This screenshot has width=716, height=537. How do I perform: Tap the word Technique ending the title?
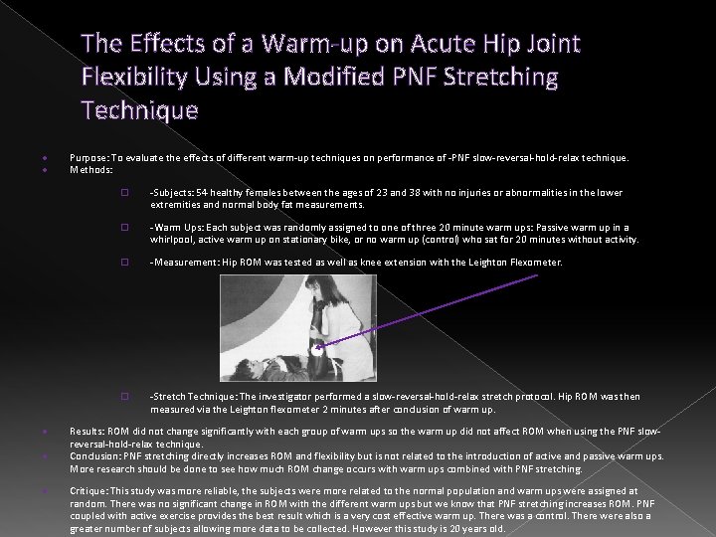140,108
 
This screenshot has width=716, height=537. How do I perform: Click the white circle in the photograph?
317,350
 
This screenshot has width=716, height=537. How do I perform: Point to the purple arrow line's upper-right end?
537,274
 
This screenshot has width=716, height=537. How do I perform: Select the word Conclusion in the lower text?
94,455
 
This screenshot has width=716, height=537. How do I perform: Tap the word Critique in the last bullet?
89,491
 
